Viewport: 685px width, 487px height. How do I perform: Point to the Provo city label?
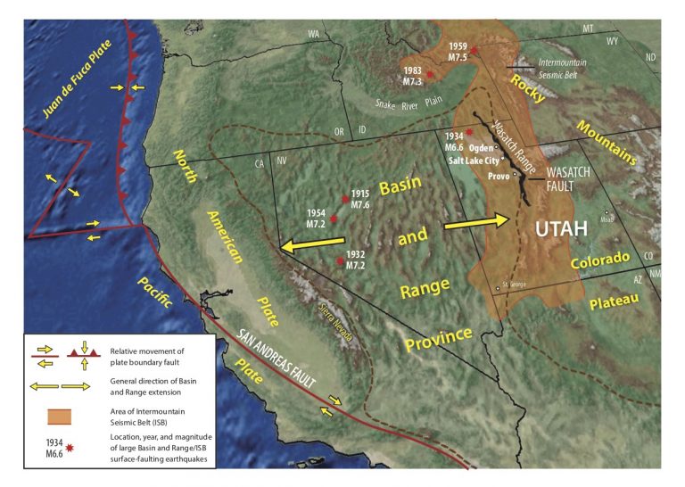tap(498, 177)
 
